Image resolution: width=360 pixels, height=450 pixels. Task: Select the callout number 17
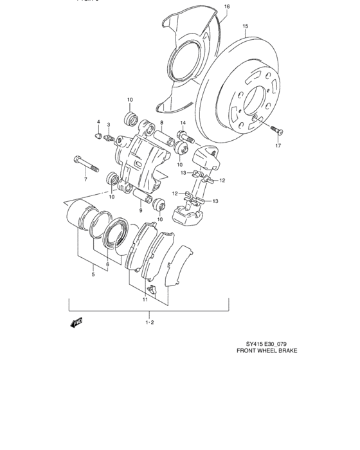tap(279, 146)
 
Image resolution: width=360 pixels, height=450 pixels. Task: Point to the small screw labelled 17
tap(277, 130)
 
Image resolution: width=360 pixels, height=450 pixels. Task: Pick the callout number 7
tap(85, 179)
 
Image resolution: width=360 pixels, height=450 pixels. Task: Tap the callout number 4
tap(99, 122)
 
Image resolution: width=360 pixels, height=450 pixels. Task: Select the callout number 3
tap(109, 125)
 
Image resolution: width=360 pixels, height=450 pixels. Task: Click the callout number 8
tap(162, 122)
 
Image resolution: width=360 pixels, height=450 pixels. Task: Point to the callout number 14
tap(183, 122)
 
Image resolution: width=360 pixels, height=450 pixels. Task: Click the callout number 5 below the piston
tap(93, 274)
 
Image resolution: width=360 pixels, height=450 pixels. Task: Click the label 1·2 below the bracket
tap(149, 322)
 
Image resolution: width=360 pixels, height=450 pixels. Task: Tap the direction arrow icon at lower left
tap(77, 323)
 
